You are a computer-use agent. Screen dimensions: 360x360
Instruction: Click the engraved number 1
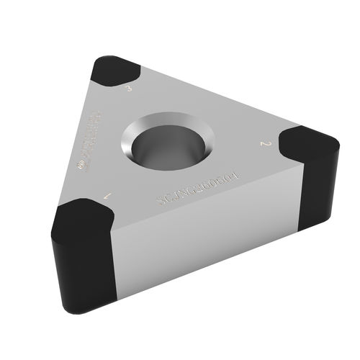108,195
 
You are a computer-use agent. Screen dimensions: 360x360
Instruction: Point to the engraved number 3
128,89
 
